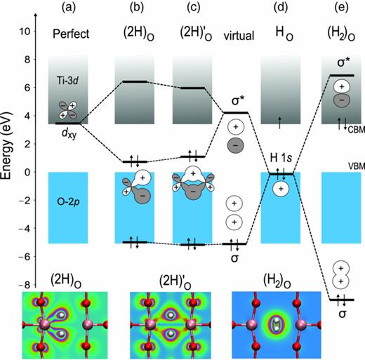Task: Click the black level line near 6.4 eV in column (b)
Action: [x=135, y=82]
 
